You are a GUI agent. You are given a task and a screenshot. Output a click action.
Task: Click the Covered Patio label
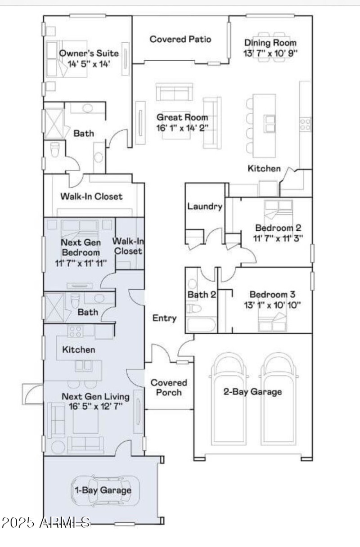point(180,39)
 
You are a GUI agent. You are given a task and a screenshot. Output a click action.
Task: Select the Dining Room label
point(270,43)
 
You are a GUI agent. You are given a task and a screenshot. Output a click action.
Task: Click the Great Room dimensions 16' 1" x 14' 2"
point(182,127)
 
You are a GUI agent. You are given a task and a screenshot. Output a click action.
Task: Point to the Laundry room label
point(205,206)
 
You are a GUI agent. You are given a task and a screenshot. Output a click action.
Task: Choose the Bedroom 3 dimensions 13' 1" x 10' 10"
point(274,305)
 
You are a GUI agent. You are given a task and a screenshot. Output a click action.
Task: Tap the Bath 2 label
point(201,295)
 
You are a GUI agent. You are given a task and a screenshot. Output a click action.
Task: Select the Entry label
point(164,318)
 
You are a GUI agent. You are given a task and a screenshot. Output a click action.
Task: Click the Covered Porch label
point(168,387)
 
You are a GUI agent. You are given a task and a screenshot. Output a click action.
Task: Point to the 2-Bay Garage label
point(252,391)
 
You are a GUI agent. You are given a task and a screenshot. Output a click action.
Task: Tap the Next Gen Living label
point(95,397)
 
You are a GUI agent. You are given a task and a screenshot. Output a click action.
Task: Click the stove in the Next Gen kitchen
point(75,332)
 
